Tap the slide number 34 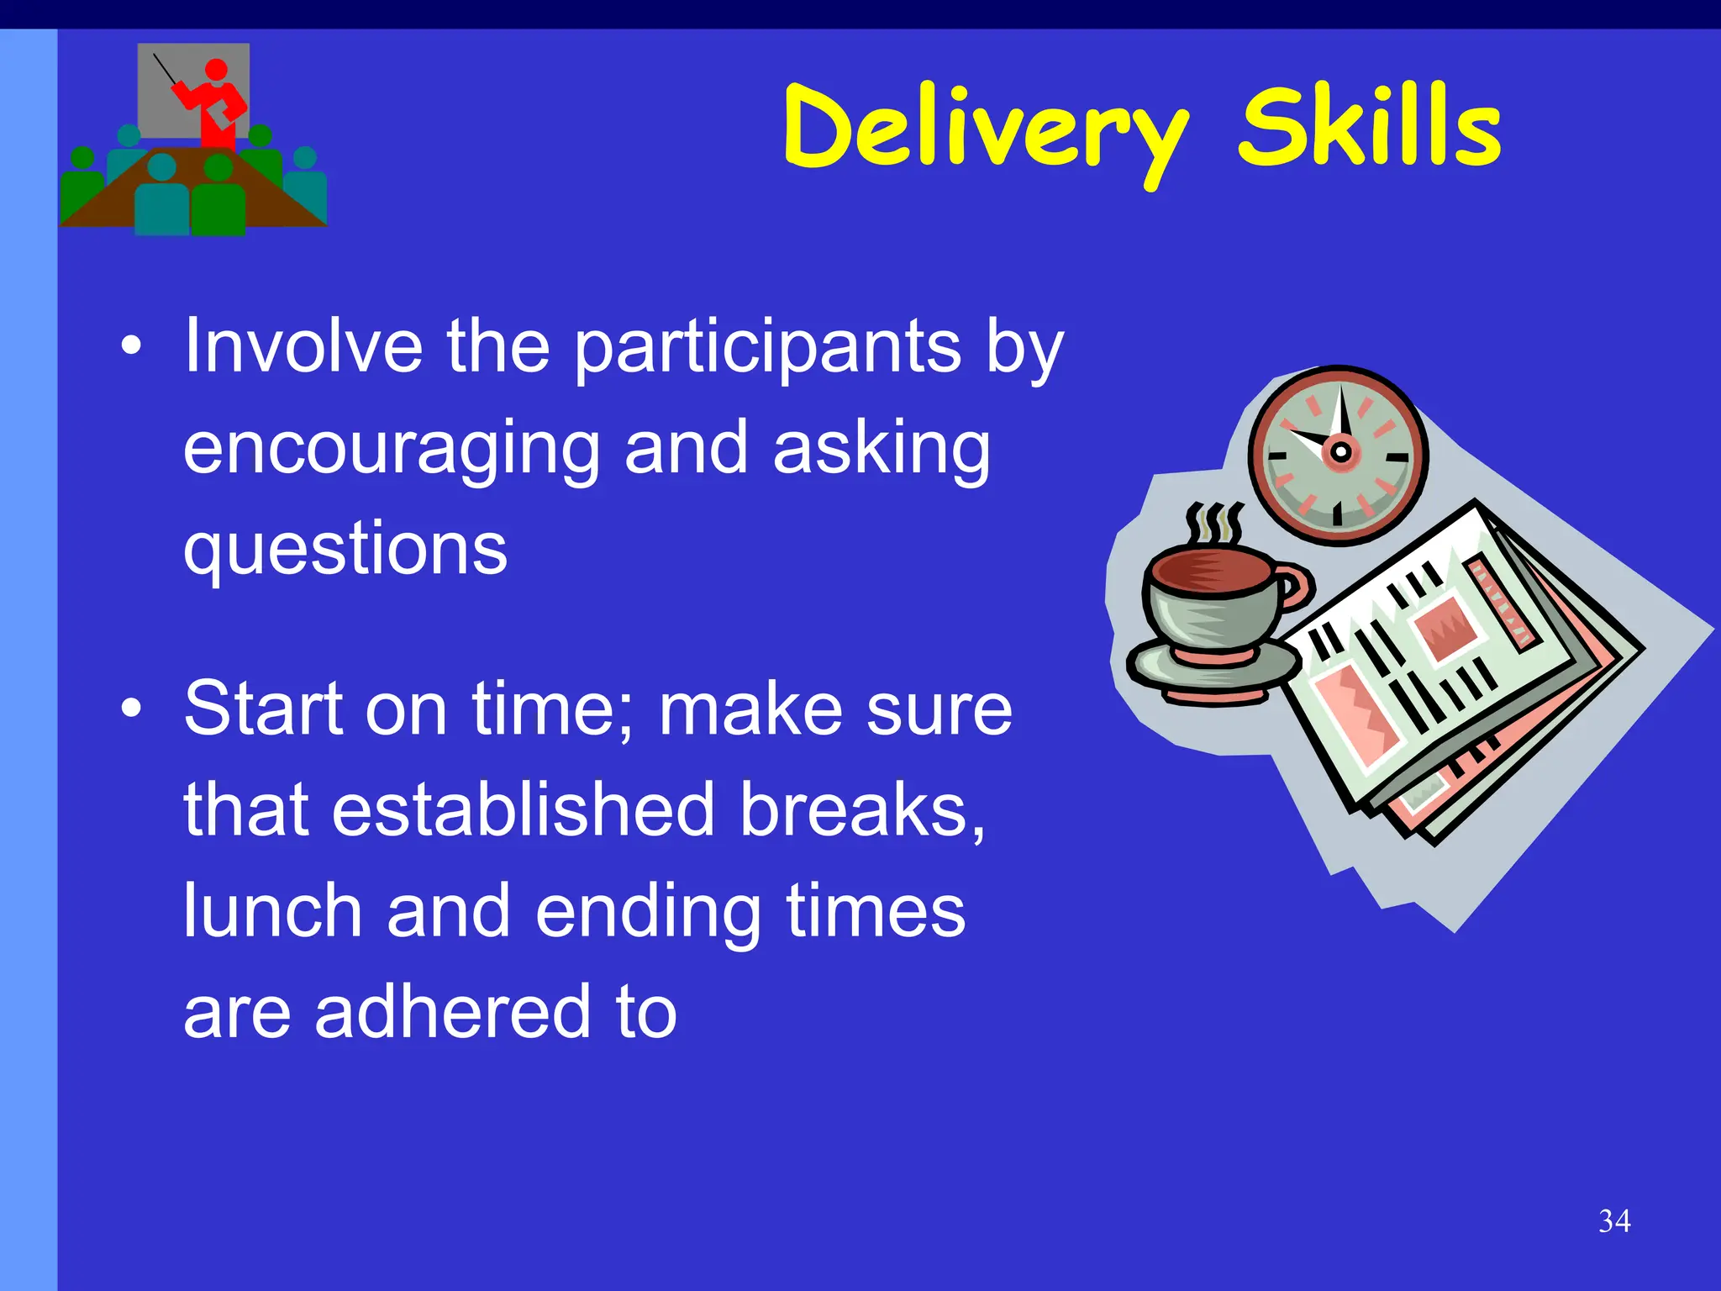pyautogui.click(x=1614, y=1220)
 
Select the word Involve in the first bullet pyautogui.click(x=303, y=345)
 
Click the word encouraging pyautogui.click(x=392, y=451)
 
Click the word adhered pyautogui.click(x=454, y=1012)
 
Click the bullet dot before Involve pyautogui.click(x=130, y=347)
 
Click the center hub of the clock pyautogui.click(x=1341, y=452)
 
